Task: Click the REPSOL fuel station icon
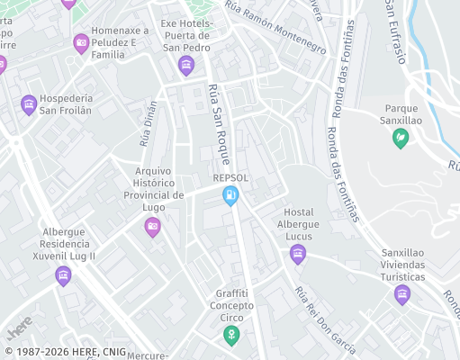[231, 195]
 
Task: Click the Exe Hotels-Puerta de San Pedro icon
[186, 65]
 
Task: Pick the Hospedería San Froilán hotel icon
[29, 104]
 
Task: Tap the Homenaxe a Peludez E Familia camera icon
[82, 42]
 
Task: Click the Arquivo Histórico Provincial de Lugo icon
[152, 228]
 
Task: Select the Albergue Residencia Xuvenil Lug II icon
[62, 274]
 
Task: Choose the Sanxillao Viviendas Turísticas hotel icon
[402, 294]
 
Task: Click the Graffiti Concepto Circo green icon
[231, 336]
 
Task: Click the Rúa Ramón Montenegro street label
[275, 28]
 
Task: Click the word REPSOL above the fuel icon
[230, 177]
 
